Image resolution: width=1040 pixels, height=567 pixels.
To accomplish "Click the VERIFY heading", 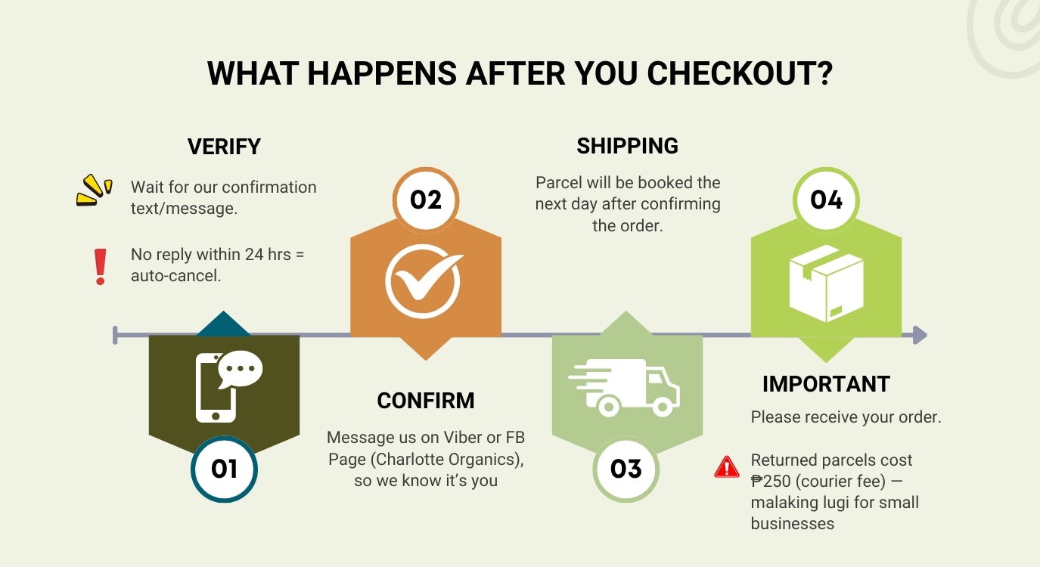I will (224, 147).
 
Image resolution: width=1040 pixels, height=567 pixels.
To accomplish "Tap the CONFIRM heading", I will (426, 401).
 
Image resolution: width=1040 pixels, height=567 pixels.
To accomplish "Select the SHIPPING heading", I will (627, 146).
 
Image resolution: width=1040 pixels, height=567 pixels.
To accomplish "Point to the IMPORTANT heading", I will (826, 384).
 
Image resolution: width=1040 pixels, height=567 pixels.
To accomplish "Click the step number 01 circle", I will (224, 469).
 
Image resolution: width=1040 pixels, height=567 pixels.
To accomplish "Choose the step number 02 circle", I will (426, 200).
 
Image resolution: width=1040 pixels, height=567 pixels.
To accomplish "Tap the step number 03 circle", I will (626, 469).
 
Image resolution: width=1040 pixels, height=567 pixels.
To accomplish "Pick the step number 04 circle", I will (826, 200).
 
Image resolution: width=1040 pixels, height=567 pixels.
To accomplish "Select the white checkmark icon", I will (424, 281).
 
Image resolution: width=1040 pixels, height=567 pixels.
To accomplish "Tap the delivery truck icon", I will (625, 386).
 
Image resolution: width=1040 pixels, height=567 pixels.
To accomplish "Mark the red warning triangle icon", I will (727, 466).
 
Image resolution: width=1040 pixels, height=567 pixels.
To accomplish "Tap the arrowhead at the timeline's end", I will (919, 335).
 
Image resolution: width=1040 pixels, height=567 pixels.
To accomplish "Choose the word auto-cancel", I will (175, 276).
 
